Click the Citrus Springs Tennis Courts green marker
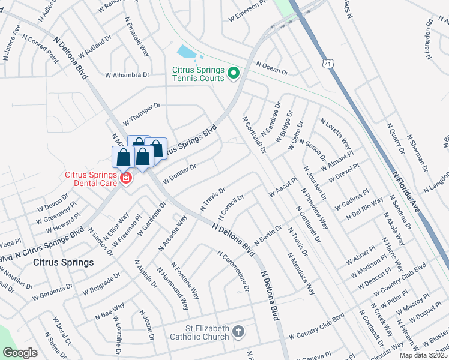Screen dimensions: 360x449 [x=234, y=74]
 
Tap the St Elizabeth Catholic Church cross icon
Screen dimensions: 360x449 [x=238, y=331]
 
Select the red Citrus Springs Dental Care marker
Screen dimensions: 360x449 [x=125, y=178]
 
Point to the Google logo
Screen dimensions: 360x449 [x=20, y=353]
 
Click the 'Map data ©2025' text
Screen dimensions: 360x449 [x=423, y=355]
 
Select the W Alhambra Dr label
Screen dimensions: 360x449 [x=127, y=75]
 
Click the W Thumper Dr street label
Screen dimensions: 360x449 [x=142, y=112]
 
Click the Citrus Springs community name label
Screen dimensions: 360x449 [x=63, y=263]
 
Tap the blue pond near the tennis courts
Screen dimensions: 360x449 [x=187, y=52]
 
